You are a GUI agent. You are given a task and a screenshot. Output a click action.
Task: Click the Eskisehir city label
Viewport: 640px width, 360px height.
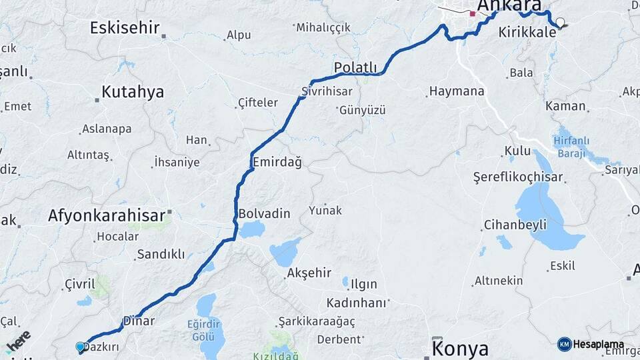tap(125, 28)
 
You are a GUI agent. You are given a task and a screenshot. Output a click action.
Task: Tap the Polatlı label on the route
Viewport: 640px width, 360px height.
tap(355, 67)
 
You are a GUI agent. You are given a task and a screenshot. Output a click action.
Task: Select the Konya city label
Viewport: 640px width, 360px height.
tap(460, 348)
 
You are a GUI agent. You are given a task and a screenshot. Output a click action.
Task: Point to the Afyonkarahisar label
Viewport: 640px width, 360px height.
tap(107, 215)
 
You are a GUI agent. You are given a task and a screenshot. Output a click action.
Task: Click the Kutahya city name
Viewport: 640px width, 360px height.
tap(133, 92)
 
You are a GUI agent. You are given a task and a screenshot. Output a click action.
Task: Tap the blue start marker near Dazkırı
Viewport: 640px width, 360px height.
tap(80, 347)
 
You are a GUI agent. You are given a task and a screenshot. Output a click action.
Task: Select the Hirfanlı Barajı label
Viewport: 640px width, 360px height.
tap(569, 147)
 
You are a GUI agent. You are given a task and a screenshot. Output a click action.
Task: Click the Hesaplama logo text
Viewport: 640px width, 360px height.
tap(599, 344)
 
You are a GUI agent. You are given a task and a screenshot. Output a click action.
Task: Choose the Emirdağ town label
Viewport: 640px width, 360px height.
tap(277, 162)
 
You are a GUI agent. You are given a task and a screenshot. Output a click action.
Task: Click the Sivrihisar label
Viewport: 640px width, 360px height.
tap(325, 91)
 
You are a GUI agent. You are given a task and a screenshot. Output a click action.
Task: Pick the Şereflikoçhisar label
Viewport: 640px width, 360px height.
tap(518, 177)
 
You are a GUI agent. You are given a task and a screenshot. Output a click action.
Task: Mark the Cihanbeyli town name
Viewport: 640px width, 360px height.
tap(515, 224)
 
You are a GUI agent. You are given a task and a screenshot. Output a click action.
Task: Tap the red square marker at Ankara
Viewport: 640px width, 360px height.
tap(473, 13)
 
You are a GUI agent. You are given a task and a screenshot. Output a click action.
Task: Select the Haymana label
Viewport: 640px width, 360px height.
tap(457, 91)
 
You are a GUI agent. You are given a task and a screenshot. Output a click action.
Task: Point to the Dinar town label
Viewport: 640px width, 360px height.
tap(139, 321)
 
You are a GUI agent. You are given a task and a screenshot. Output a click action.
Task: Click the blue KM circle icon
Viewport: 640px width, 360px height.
tap(564, 344)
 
